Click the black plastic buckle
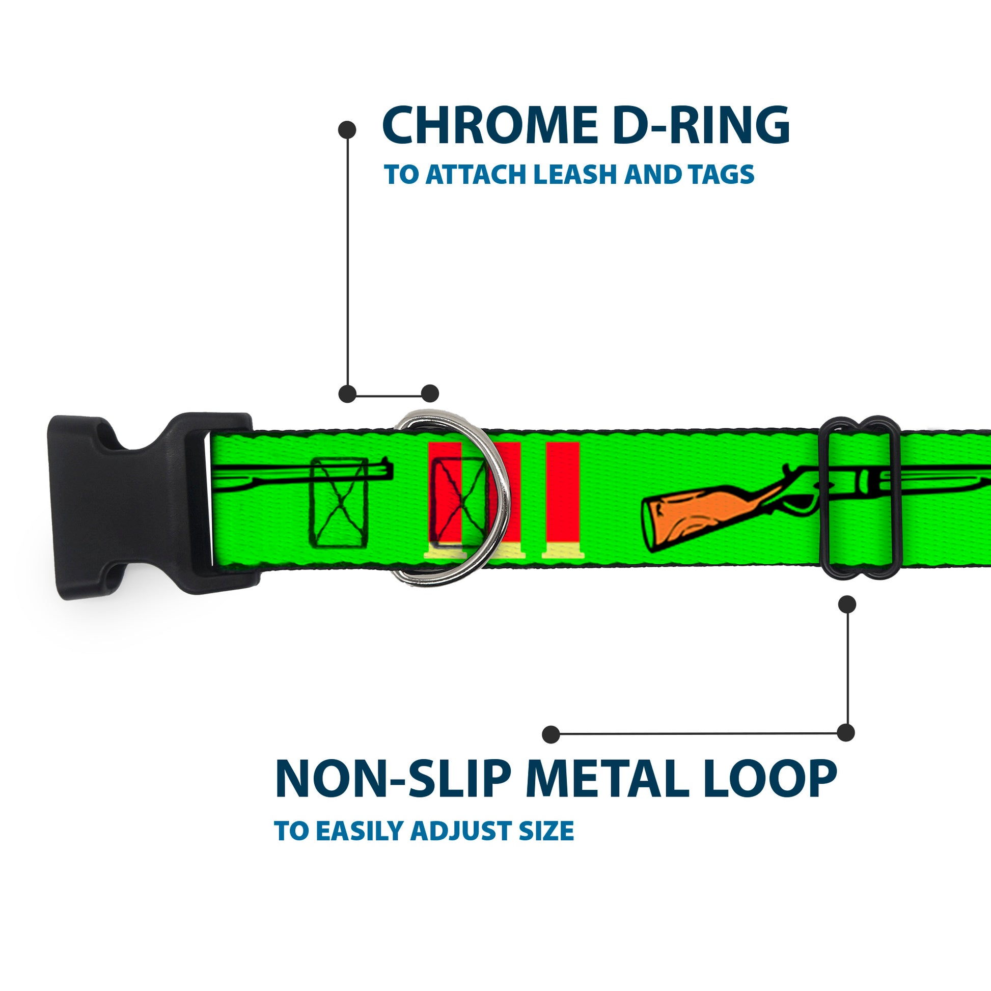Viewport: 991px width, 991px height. click(x=128, y=505)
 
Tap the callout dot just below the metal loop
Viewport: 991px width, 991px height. click(x=847, y=604)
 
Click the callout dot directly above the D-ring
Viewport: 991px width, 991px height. click(x=430, y=394)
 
